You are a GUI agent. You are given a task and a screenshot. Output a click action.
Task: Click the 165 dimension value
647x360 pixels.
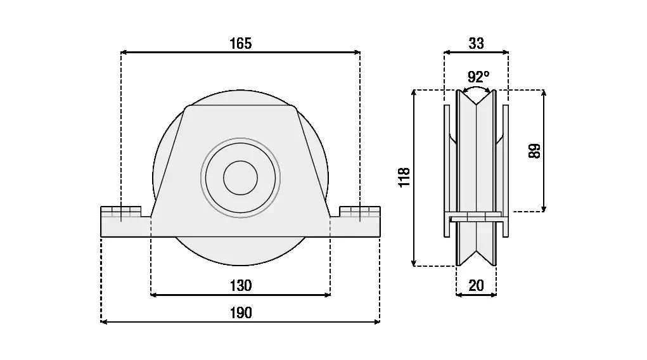coord(240,43)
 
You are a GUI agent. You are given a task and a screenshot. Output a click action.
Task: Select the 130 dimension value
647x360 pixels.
coord(240,285)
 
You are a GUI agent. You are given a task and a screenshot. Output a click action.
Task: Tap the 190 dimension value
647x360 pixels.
coord(240,312)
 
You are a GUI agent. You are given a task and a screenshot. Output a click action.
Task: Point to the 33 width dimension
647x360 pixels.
coord(476,43)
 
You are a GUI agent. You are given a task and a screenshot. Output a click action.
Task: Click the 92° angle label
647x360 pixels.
coord(478,77)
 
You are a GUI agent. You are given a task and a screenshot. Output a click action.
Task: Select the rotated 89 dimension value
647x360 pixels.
coord(535,151)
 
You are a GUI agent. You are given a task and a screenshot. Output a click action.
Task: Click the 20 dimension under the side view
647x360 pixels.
coord(476,285)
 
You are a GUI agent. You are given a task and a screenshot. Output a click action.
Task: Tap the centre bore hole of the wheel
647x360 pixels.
coord(240,177)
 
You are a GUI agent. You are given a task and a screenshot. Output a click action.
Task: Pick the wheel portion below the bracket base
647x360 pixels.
coord(240,250)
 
